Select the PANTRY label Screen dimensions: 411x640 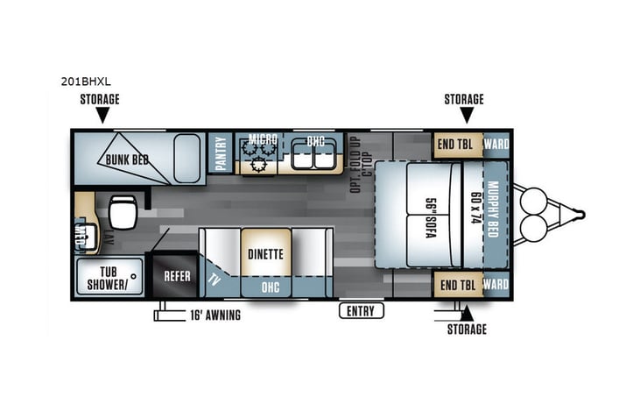click(220, 152)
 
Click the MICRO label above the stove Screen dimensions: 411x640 click(262, 139)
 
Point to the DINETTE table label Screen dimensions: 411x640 click(264, 255)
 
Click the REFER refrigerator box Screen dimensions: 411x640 click(178, 275)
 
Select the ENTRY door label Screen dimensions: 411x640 click(360, 310)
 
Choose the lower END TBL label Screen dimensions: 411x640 click(456, 285)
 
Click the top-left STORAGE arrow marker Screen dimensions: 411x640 click(102, 115)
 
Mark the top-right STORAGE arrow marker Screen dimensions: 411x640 click(466, 115)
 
